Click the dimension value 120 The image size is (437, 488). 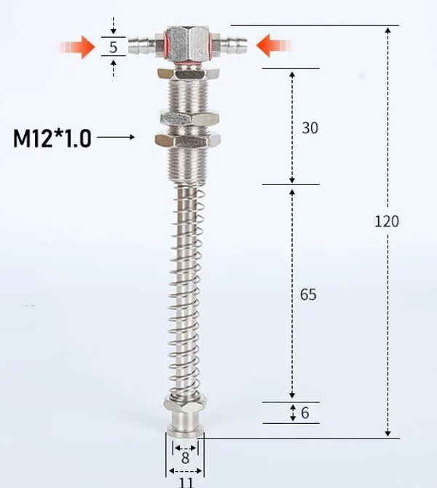coord(387,221)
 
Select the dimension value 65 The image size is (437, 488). coord(310,294)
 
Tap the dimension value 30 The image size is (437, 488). coord(310,128)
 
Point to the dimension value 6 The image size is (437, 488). coord(304,413)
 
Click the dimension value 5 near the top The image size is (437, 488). coord(113,48)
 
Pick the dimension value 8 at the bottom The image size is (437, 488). coord(185,459)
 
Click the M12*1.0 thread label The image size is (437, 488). coord(52,138)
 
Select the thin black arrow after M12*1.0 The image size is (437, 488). coord(116,137)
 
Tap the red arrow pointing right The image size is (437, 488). coord(78,48)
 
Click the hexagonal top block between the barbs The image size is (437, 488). coord(187,45)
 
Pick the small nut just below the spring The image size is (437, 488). coord(185,402)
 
